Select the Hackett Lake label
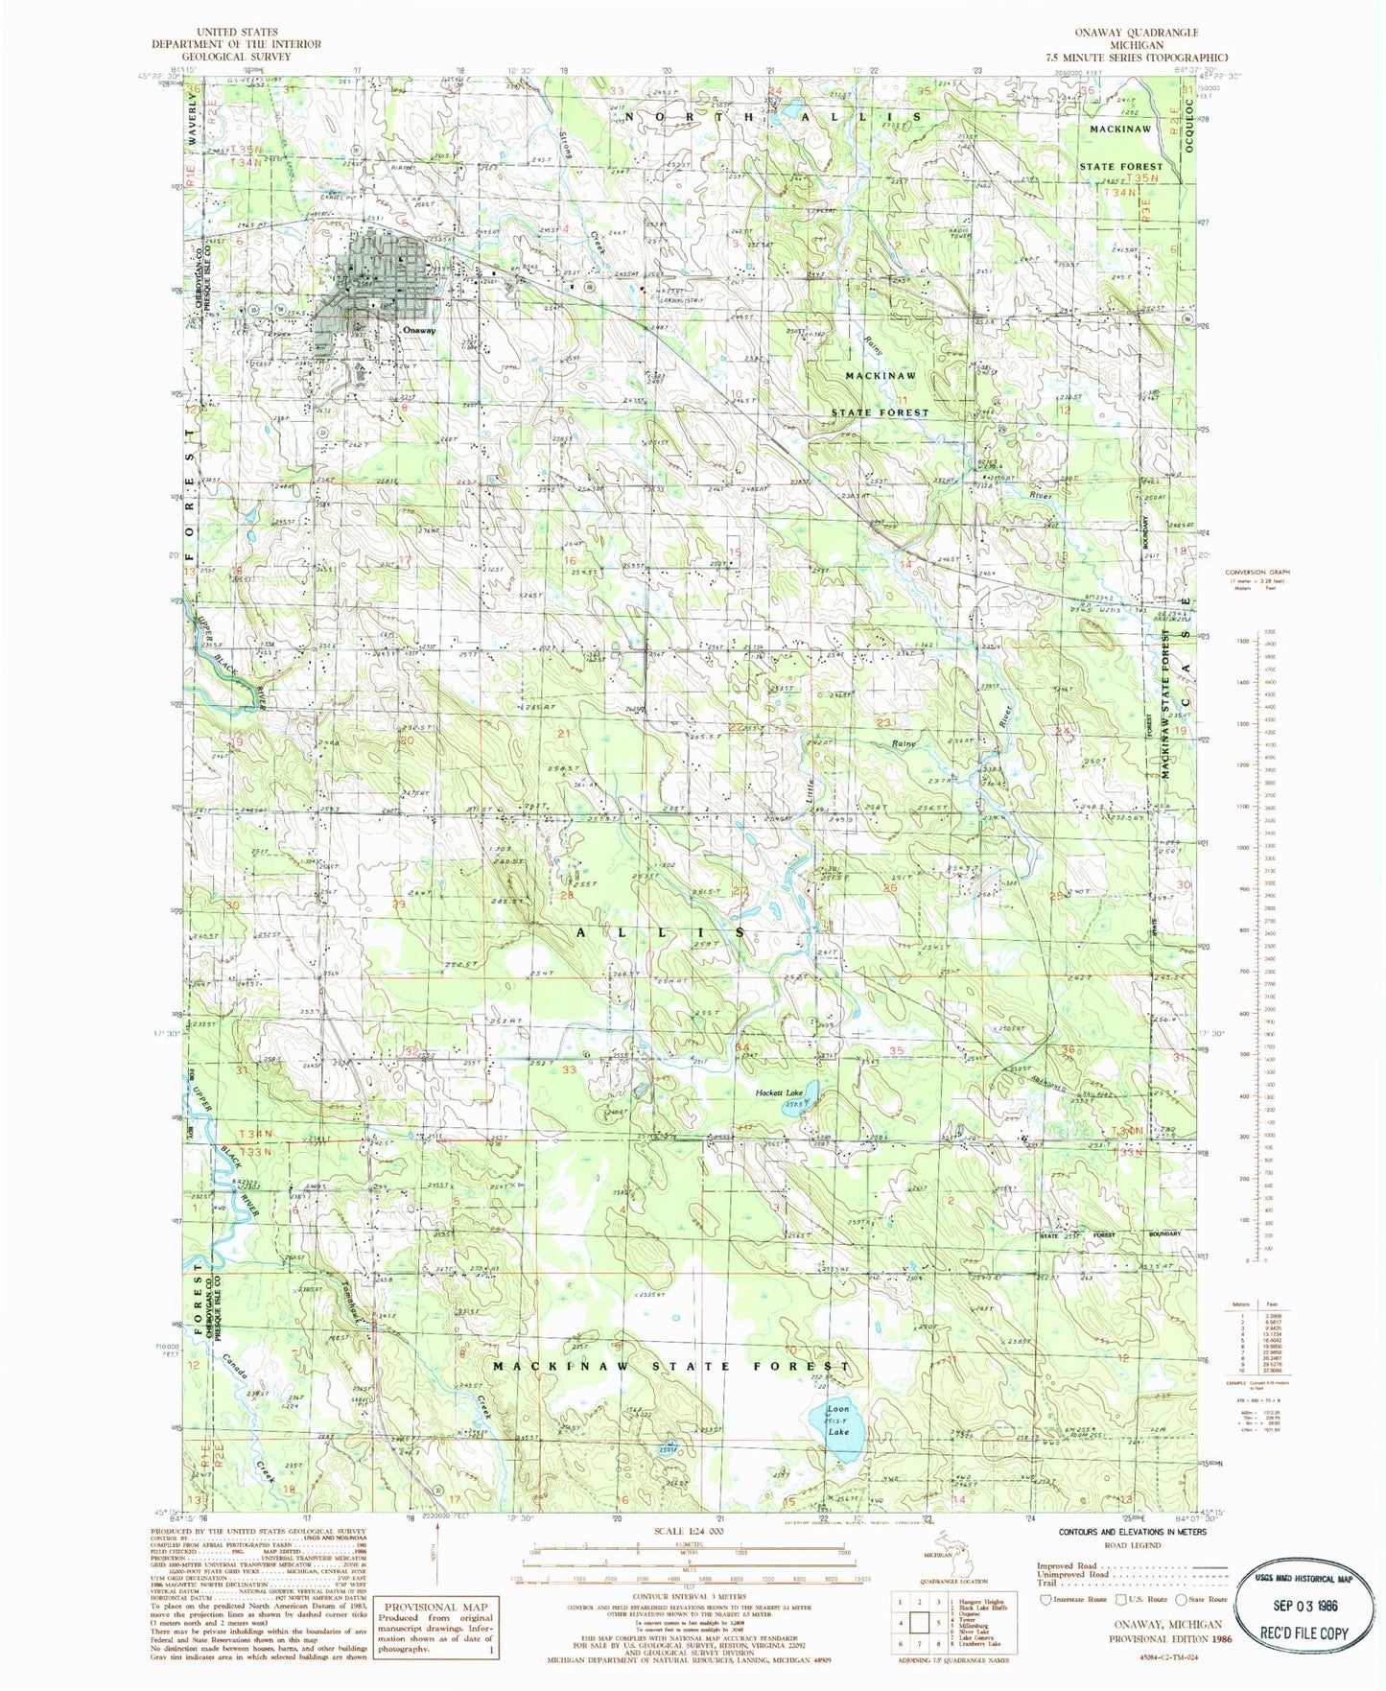(779, 1092)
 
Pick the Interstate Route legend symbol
(1045, 1599)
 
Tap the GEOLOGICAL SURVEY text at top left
(236, 56)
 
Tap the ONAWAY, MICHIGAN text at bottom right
(1167, 1625)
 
